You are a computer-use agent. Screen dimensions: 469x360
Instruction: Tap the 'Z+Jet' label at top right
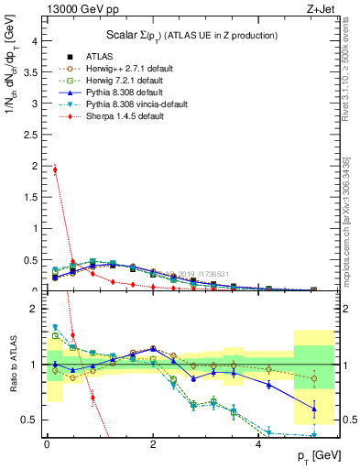(320, 10)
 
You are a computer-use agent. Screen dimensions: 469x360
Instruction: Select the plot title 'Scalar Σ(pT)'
(138, 35)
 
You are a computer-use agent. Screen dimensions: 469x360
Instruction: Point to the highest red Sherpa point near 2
(55, 169)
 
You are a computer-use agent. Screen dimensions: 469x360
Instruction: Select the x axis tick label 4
(259, 442)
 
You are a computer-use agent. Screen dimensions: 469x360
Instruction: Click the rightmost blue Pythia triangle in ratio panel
(314, 409)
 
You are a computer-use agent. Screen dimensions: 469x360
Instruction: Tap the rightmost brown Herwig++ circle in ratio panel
(314, 378)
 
